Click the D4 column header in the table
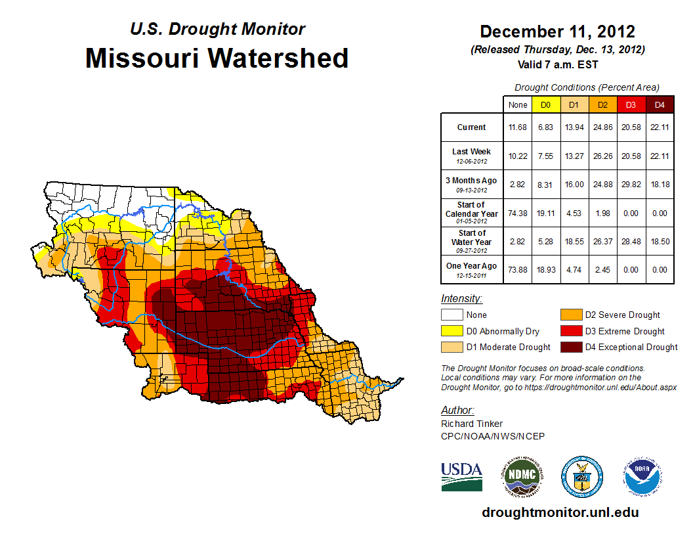[660, 104]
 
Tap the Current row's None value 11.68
[517, 127]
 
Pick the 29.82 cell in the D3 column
[631, 185]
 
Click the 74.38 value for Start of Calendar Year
[517, 213]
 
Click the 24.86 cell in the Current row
[602, 127]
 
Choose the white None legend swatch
[451, 315]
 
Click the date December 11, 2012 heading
[557, 32]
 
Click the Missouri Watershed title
[217, 58]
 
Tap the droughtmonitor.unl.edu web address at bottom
[560, 512]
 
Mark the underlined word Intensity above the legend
[461, 298]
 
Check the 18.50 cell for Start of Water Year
[660, 242]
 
